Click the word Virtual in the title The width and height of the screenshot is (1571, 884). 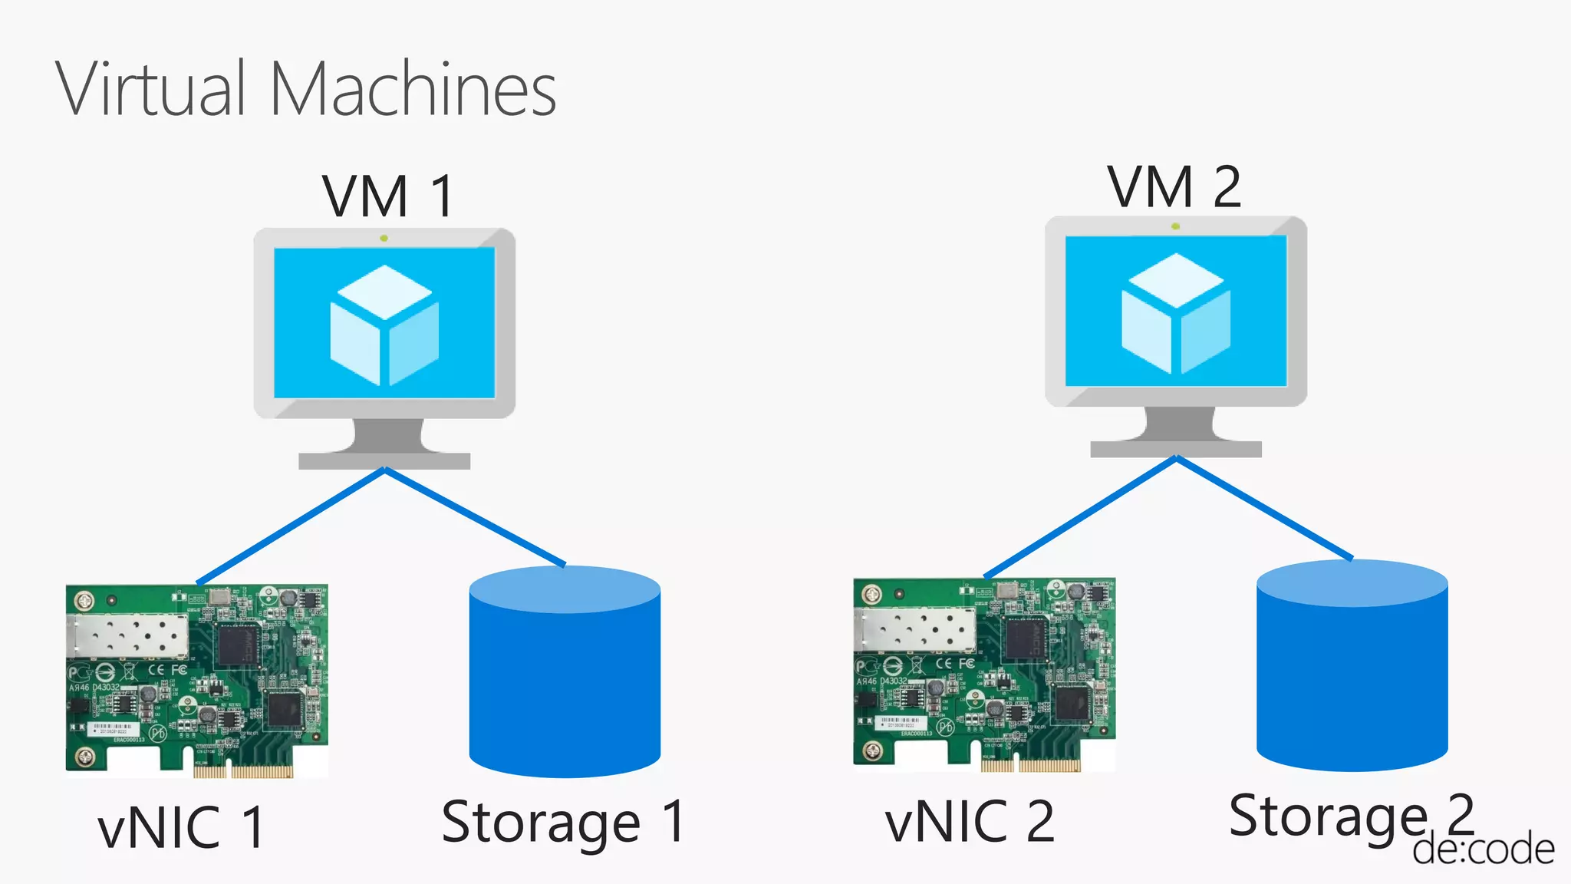[x=150, y=89]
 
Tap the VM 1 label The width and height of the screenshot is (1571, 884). [x=388, y=196]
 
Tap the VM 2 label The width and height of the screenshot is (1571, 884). [x=1174, y=186]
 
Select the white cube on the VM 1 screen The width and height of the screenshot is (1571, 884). [x=384, y=325]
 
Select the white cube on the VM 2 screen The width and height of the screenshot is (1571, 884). [x=1175, y=313]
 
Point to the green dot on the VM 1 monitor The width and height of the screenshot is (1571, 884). [x=384, y=239]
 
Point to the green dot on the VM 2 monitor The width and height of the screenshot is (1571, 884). [x=1175, y=226]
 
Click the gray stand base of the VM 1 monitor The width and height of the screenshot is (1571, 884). [x=384, y=460]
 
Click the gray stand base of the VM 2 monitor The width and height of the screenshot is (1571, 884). [x=1175, y=449]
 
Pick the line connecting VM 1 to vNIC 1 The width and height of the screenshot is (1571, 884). [x=291, y=526]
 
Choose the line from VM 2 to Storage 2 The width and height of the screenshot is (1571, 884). [x=1264, y=508]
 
